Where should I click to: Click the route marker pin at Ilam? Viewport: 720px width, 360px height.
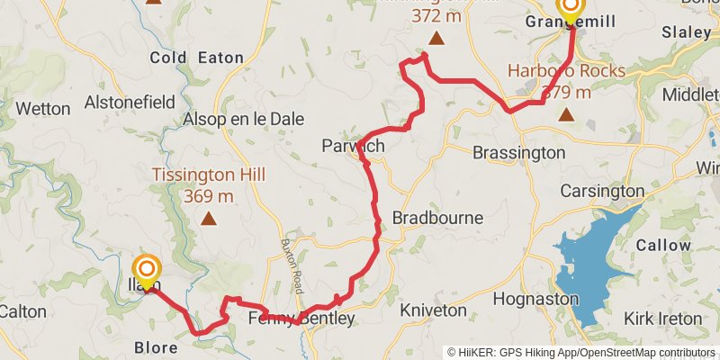point(147,271)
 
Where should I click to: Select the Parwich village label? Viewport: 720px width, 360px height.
point(353,146)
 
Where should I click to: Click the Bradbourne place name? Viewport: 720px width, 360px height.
point(437,218)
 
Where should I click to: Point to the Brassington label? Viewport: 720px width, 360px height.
point(518,153)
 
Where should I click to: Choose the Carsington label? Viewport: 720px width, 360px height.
point(602,191)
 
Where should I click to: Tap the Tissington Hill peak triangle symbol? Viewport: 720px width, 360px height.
point(209,218)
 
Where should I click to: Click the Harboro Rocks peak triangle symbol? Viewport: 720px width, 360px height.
point(566,114)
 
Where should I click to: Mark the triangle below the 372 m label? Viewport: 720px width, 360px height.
point(436,38)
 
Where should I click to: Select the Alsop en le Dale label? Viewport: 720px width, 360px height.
point(243,119)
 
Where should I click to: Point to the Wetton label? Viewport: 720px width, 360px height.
point(43,109)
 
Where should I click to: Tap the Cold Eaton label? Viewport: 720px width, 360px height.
point(196,58)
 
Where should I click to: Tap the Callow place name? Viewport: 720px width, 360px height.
point(663,245)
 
